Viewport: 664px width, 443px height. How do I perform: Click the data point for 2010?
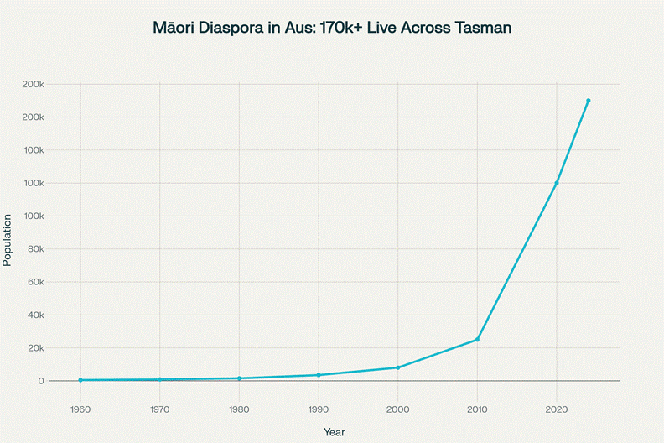tap(477, 340)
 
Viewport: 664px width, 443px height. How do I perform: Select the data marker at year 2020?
tap(557, 183)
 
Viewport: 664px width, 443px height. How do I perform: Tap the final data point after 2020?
tap(589, 101)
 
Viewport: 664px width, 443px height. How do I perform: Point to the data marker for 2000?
tap(398, 367)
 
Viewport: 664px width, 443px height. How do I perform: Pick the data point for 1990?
tap(319, 375)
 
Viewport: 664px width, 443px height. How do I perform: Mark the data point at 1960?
tap(80, 380)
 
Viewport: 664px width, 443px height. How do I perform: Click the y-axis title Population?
tap(8, 240)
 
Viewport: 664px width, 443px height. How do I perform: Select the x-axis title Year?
tap(335, 432)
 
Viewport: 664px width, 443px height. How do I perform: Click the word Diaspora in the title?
tap(232, 28)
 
